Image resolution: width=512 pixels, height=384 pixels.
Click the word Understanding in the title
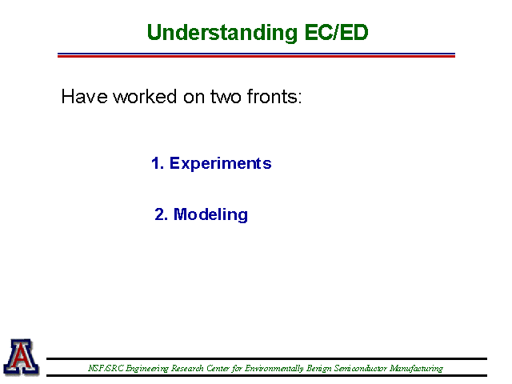(x=222, y=33)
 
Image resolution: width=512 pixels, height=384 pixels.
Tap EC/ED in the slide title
(x=336, y=32)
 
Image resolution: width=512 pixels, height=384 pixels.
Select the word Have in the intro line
(x=85, y=97)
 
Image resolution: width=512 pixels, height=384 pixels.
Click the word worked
(x=145, y=97)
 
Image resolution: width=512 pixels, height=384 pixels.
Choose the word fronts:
(x=274, y=97)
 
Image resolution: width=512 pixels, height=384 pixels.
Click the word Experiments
(x=221, y=163)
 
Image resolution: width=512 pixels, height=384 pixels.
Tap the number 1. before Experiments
(x=158, y=163)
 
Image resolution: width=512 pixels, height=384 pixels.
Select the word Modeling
(x=210, y=215)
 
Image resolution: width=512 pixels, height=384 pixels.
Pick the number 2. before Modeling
(x=162, y=214)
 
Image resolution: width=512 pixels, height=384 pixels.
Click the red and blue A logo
(x=22, y=357)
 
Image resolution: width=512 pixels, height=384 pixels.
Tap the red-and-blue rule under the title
(x=256, y=55)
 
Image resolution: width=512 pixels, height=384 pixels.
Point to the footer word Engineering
(x=147, y=369)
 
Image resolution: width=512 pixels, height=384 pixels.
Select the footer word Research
(x=187, y=368)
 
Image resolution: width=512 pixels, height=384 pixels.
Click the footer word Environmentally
(x=274, y=369)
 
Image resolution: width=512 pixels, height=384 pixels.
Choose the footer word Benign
(x=319, y=369)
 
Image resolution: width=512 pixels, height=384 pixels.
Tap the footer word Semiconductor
(x=361, y=368)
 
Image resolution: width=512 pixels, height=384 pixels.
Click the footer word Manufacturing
(x=416, y=369)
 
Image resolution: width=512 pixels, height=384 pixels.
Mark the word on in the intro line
(x=194, y=98)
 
